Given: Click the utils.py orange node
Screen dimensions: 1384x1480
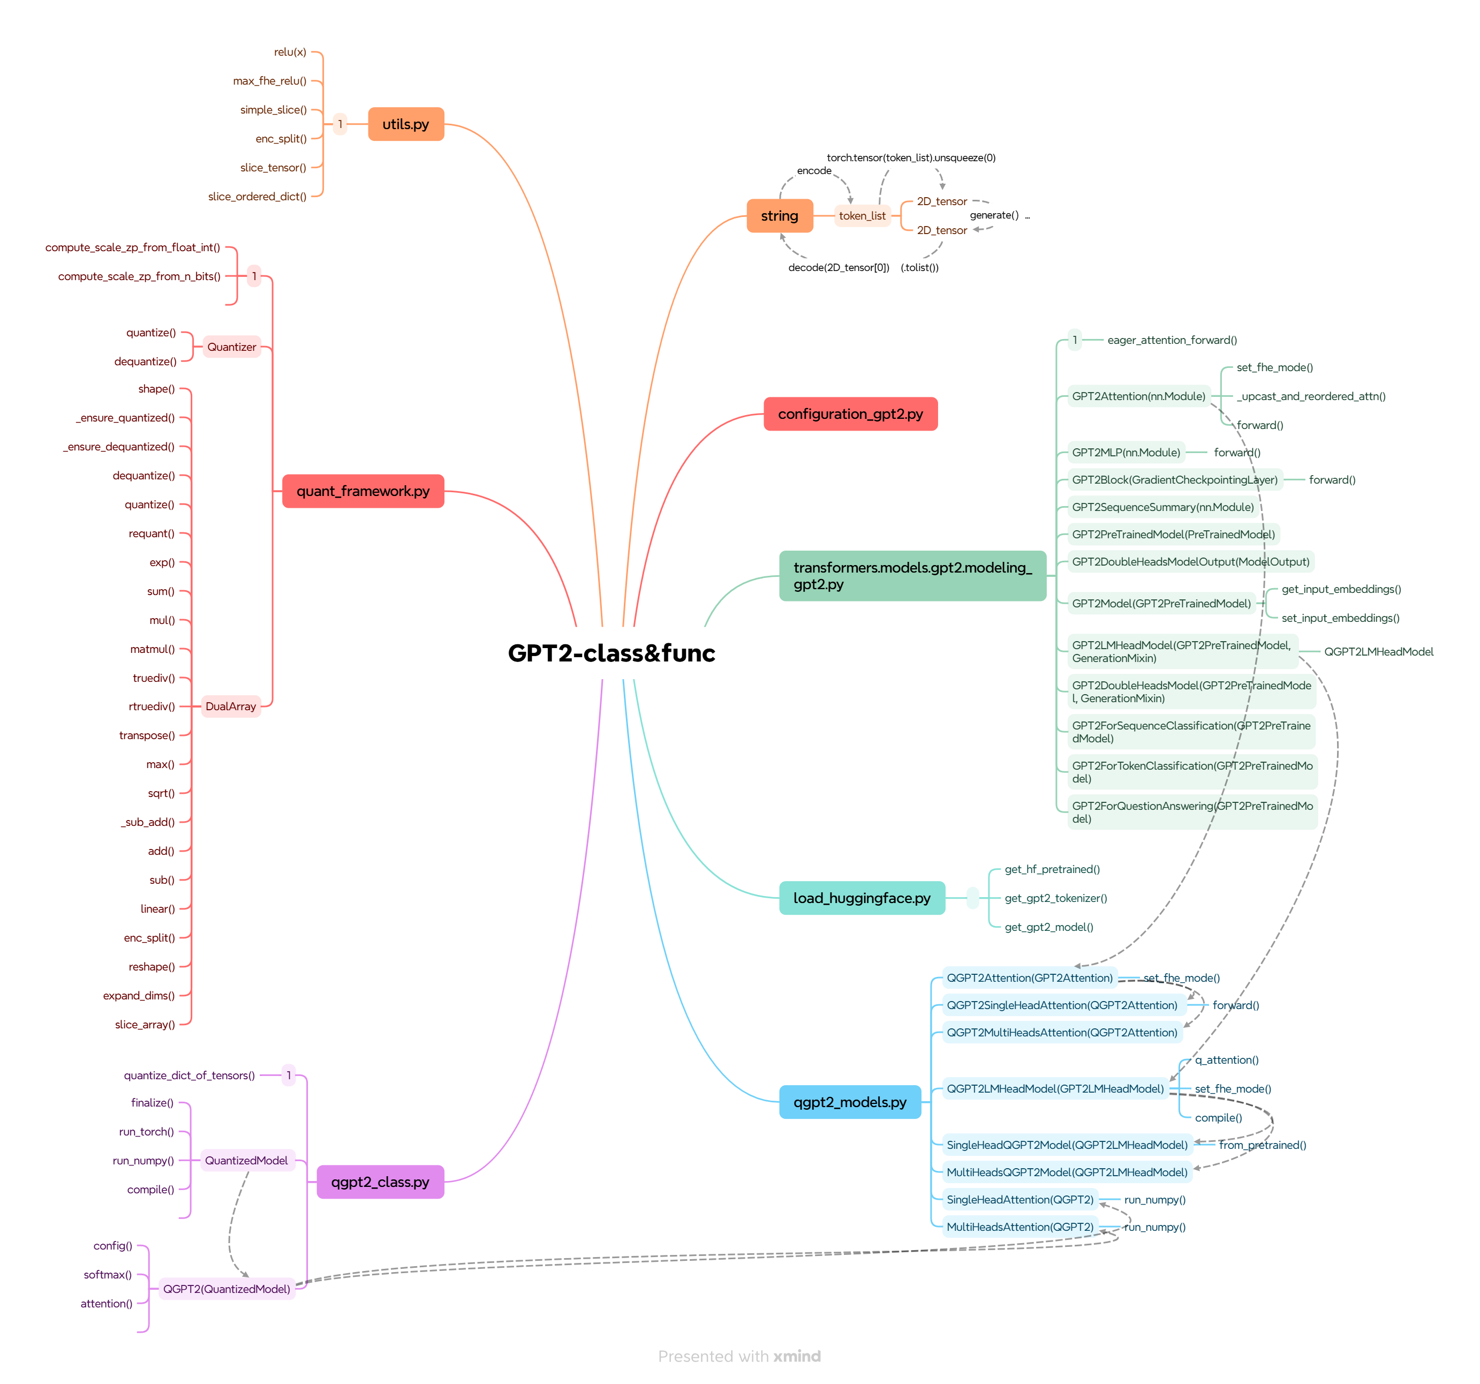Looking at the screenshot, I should pyautogui.click(x=406, y=124).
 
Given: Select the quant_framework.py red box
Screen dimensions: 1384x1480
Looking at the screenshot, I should pyautogui.click(x=363, y=491).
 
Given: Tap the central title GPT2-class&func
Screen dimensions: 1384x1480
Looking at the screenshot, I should pyautogui.click(x=611, y=653).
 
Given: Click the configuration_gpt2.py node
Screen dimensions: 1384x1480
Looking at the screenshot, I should pyautogui.click(x=850, y=414).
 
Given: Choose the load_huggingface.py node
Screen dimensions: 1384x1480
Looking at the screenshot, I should pyautogui.click(x=862, y=898).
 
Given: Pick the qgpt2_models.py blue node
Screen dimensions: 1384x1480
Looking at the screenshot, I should pyautogui.click(x=849, y=1102).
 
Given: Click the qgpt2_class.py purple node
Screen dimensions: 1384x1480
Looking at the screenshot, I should pyautogui.click(x=380, y=1182).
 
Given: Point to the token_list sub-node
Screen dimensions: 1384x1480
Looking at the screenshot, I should pyautogui.click(x=862, y=216).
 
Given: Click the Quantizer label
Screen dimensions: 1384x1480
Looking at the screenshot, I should pyautogui.click(x=231, y=347).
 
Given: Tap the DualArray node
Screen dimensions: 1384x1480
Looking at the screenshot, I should pyautogui.click(x=231, y=706).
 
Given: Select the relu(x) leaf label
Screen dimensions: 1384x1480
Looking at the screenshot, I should pyautogui.click(x=290, y=52).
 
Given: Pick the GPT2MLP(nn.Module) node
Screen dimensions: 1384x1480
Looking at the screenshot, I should pyautogui.click(x=1126, y=453).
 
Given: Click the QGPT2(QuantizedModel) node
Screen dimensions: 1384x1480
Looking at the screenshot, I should pyautogui.click(x=226, y=1289).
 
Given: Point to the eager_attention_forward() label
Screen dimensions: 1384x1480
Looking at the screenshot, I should pyautogui.click(x=1172, y=340).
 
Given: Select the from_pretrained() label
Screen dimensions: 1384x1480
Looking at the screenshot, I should pyautogui.click(x=1263, y=1145).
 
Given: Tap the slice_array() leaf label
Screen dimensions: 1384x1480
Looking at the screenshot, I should pyautogui.click(x=145, y=1025).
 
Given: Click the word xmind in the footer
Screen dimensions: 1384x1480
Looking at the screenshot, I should pyautogui.click(x=797, y=1357).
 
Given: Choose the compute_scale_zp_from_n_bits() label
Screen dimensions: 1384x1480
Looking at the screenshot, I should pyautogui.click(x=139, y=276).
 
